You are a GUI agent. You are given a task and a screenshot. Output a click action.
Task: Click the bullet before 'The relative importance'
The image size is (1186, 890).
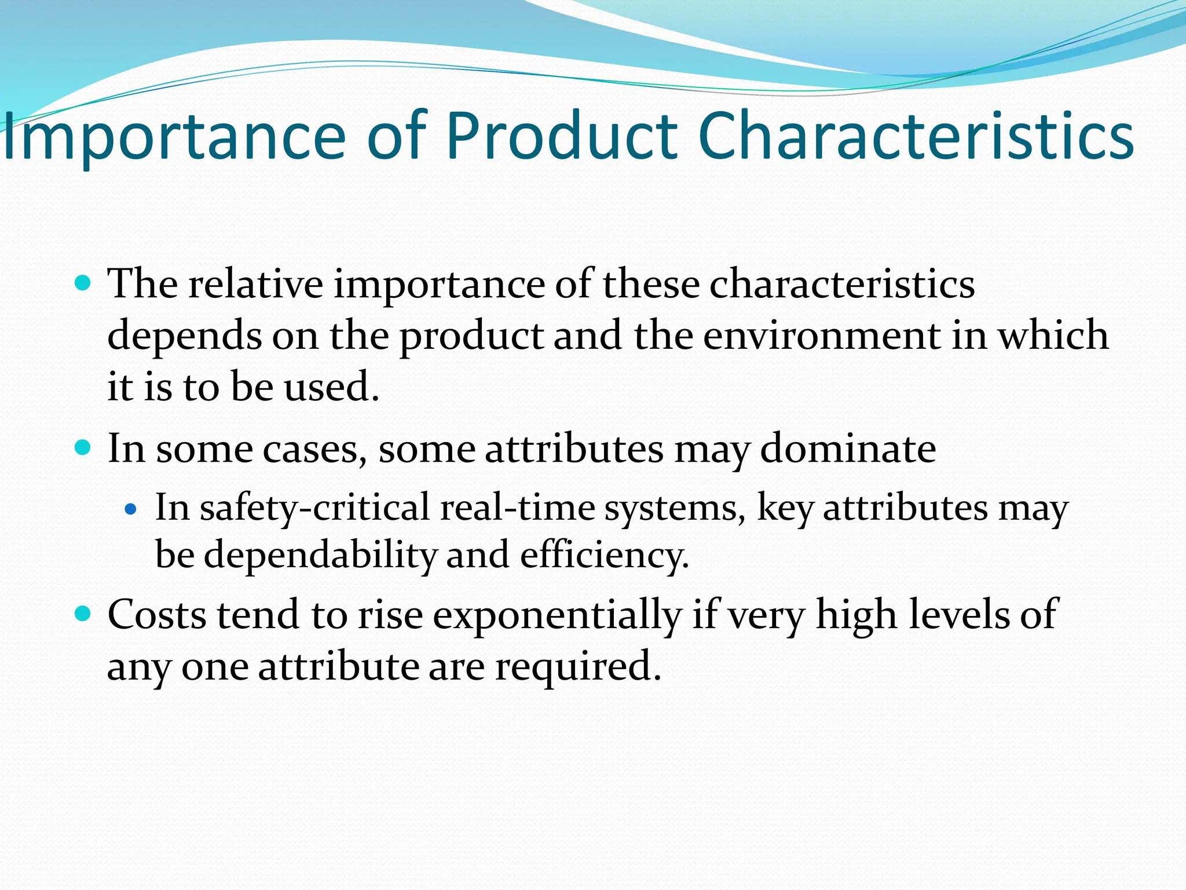(84, 283)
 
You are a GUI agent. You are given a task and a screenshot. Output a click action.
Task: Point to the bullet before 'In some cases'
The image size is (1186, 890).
(84, 448)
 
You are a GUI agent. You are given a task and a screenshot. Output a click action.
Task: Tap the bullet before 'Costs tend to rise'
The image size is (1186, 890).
(84, 614)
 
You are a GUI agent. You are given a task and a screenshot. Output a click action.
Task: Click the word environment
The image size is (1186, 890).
(822, 335)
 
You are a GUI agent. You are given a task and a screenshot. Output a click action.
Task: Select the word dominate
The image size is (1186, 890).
(847, 448)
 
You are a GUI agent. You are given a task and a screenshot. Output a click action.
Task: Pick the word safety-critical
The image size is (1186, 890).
(316, 508)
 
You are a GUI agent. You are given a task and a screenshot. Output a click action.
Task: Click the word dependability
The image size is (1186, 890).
(320, 555)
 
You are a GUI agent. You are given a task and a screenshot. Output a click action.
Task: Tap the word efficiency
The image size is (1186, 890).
(605, 555)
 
